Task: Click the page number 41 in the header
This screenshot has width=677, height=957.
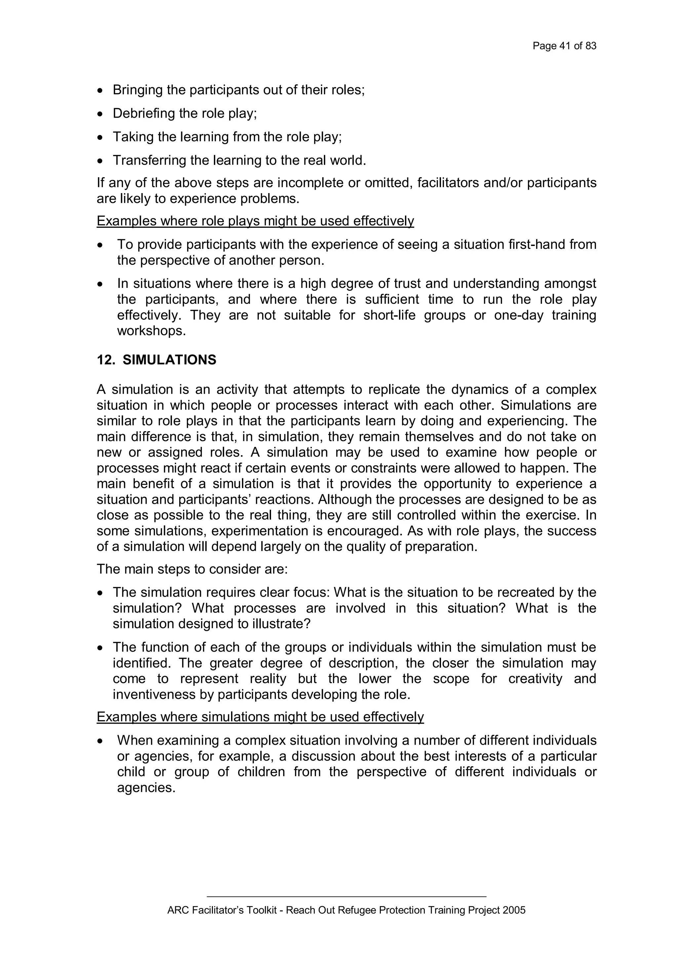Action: (565, 46)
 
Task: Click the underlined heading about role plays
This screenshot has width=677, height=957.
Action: (255, 221)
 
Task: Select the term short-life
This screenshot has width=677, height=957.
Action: (389, 315)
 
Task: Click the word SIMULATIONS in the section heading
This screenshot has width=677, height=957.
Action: (169, 360)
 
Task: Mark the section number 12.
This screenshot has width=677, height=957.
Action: (105, 360)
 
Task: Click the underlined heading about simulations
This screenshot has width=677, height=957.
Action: (260, 717)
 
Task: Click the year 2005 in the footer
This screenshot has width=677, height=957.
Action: (514, 910)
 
